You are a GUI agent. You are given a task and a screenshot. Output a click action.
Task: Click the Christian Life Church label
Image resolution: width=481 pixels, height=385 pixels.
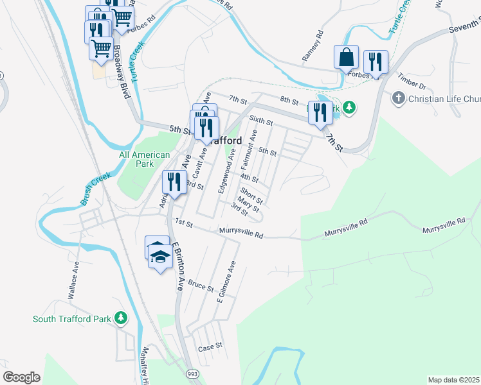pyautogui.click(x=444, y=98)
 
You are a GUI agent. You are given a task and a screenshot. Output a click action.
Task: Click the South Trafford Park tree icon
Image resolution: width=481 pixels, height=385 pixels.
pyautogui.click(x=120, y=318)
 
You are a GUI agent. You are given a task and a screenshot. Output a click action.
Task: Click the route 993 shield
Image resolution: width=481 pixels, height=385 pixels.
pyautogui.click(x=193, y=372)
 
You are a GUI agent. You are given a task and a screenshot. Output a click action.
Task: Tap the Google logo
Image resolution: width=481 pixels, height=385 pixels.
pyautogui.click(x=21, y=377)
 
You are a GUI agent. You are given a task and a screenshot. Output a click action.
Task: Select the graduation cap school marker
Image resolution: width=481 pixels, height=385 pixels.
pyautogui.click(x=160, y=257)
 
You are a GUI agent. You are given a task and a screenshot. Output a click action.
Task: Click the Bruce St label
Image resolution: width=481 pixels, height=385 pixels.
pyautogui.click(x=201, y=286)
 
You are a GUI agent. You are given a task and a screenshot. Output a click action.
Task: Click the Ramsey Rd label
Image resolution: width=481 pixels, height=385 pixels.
pyautogui.click(x=311, y=49)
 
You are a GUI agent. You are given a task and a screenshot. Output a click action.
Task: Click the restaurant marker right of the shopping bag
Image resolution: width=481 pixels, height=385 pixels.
pyautogui.click(x=376, y=62)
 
